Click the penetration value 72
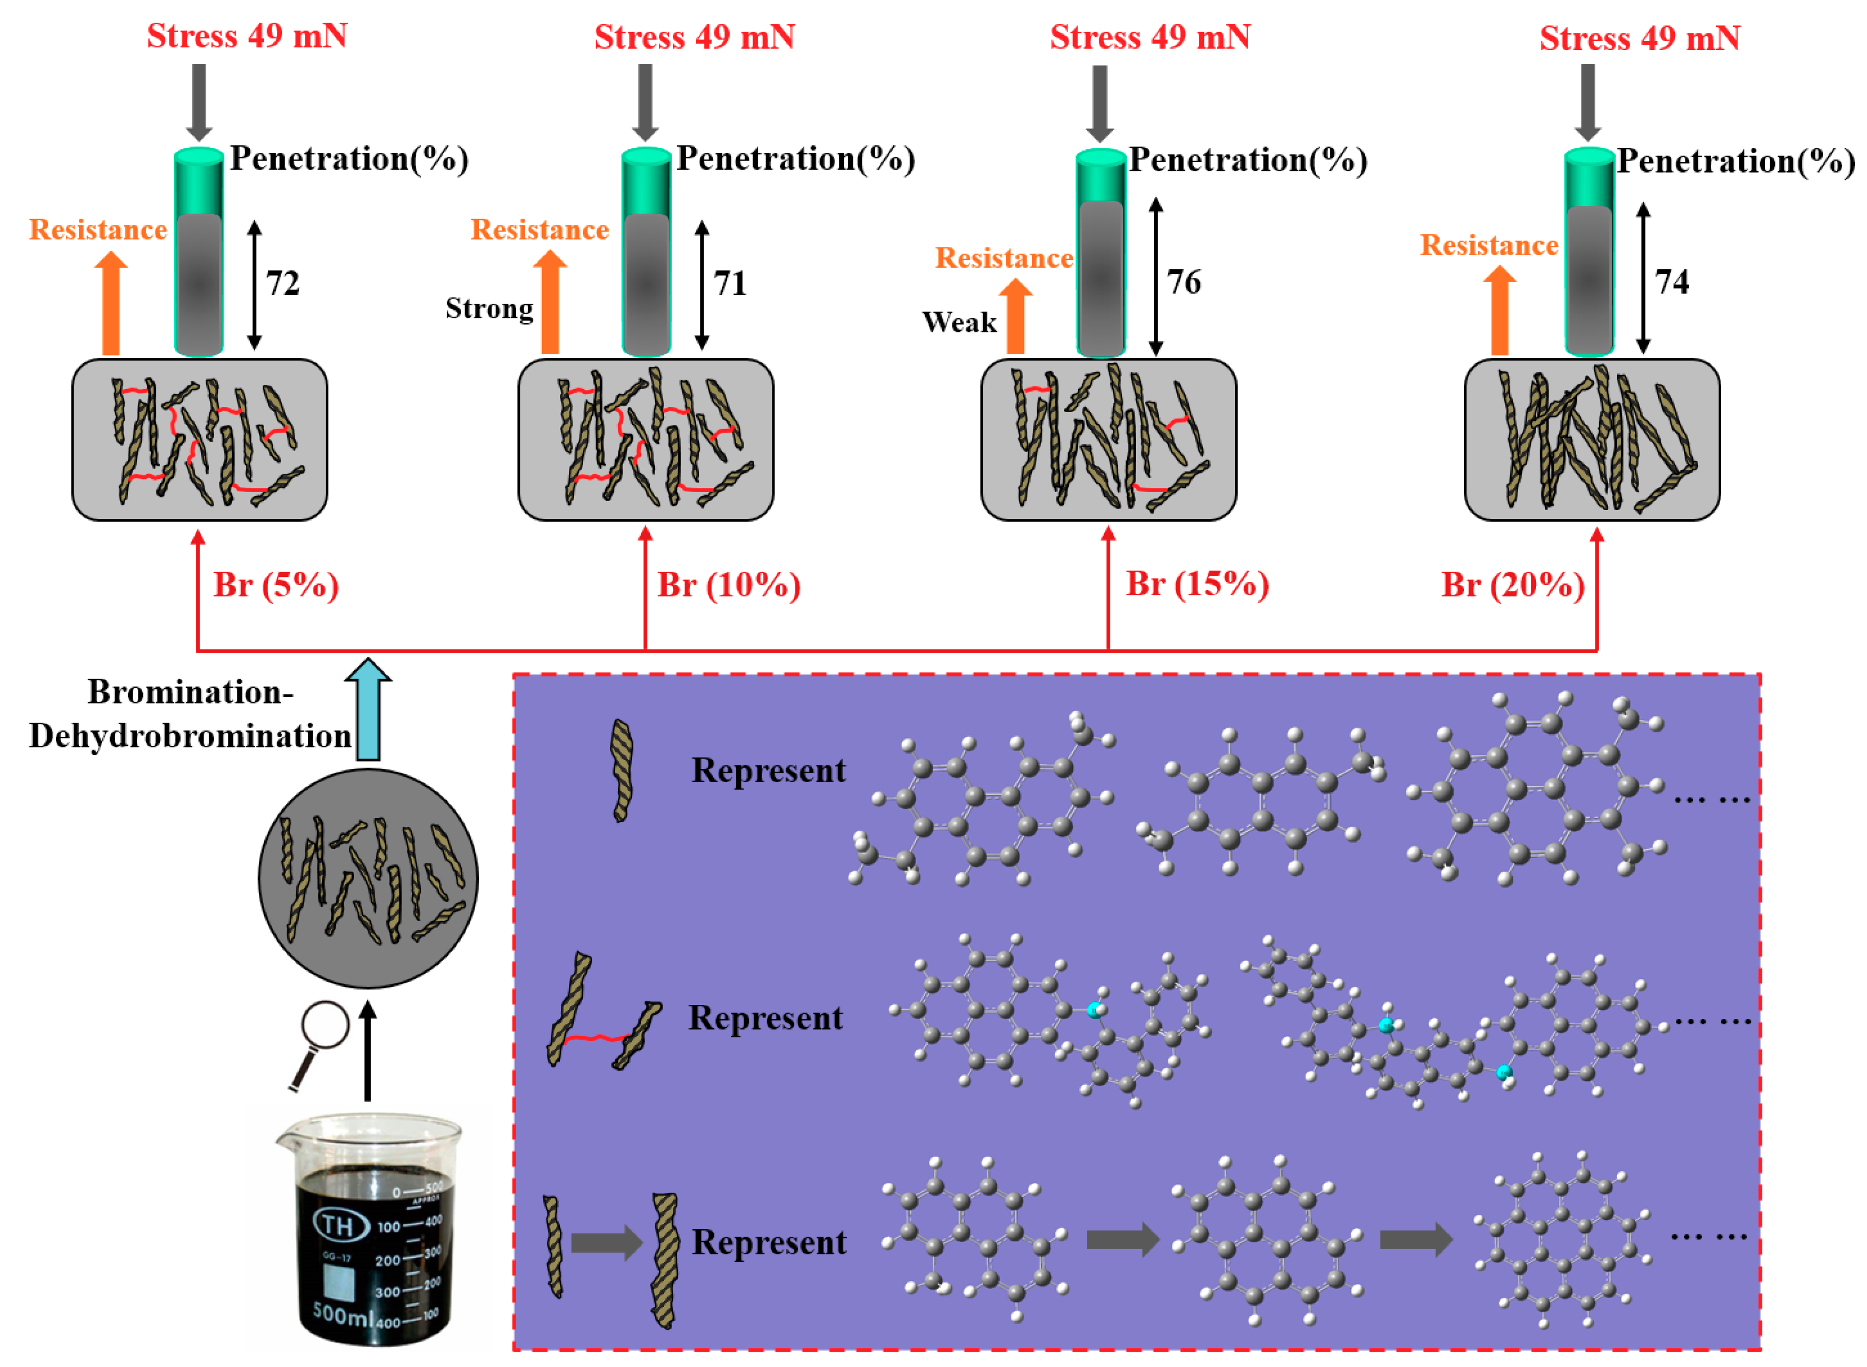[x=282, y=284]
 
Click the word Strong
[x=489, y=308]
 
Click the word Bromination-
[x=190, y=692]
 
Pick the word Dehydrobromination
[x=190, y=736]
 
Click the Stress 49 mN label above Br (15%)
[x=1150, y=37]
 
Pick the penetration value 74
[x=1671, y=282]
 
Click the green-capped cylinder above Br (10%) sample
[x=646, y=252]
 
